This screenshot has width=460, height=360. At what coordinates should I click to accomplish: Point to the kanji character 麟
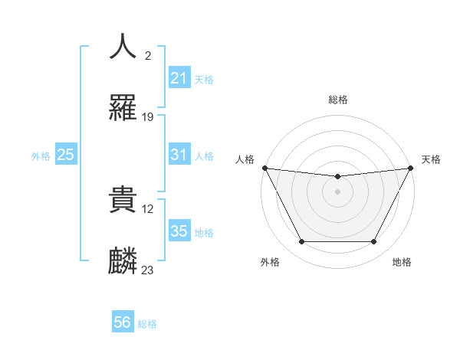pos(123,260)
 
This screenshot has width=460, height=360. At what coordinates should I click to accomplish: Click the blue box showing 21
pos(179,78)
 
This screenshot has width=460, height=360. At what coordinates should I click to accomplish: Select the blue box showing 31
pos(179,155)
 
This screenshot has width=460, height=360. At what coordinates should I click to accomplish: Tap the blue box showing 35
pos(179,231)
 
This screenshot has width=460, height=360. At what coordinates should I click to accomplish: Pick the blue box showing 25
pos(65,155)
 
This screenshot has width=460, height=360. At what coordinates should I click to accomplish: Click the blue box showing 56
pos(122,322)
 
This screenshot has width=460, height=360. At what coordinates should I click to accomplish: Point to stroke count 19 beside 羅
pos(148,117)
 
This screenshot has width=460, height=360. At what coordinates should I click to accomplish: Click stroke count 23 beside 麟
pos(148,270)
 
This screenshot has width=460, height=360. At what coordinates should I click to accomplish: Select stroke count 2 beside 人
pos(147,56)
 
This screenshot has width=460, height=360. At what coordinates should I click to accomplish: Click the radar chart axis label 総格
pos(337,100)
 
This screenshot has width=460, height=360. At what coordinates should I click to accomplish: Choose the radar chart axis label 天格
pos(431,159)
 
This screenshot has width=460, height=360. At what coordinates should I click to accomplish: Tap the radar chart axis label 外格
pos(270,262)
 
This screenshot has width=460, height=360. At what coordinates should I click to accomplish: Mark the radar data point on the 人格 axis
pos(264,168)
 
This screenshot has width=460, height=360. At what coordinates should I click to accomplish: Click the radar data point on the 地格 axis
pos(374,242)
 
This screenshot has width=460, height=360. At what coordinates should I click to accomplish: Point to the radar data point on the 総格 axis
pos(337,177)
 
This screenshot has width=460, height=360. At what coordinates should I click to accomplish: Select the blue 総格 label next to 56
pos(147,323)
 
